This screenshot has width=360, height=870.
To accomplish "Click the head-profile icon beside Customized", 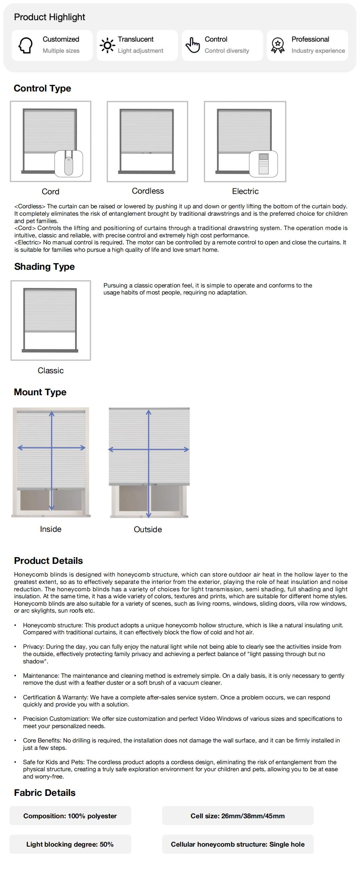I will (26, 45).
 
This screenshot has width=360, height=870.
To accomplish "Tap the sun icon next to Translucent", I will (108, 45).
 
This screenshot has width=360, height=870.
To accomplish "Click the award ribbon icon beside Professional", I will (278, 45).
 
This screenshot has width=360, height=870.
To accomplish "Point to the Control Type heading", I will (42, 88).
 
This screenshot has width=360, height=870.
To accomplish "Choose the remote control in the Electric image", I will (263, 164).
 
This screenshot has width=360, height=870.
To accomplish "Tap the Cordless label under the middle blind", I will (148, 191).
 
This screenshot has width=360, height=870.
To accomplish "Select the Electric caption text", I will (245, 192).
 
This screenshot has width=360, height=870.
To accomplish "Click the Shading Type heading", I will (44, 267).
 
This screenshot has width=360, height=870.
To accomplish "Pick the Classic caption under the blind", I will (51, 371).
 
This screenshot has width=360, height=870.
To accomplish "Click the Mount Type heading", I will (40, 392).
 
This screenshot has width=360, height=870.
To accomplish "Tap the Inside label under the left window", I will (51, 529).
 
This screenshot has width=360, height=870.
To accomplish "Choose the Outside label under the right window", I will (148, 529).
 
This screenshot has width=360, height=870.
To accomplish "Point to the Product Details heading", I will (48, 561).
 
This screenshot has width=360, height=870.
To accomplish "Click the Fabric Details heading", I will (44, 793).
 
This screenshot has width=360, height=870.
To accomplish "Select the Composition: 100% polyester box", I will (70, 816).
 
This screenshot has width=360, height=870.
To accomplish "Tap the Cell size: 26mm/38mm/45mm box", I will (237, 816).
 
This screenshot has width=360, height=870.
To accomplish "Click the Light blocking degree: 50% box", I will (70, 844).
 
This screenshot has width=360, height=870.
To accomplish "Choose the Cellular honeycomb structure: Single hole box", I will (237, 844).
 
